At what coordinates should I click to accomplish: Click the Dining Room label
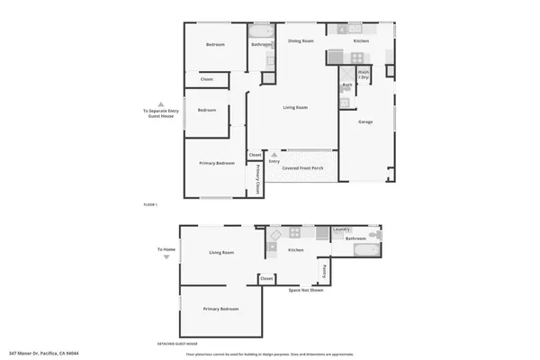coord(301,41)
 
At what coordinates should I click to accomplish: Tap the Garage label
coord(365,121)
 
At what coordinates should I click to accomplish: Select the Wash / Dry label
coord(364,74)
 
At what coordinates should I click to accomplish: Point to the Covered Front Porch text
coord(301,168)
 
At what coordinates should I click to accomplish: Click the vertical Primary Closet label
coord(257,180)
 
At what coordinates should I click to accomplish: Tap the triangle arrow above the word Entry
coord(274,155)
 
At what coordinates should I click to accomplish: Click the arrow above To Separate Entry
coord(161,103)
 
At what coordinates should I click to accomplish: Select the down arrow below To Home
coord(166,257)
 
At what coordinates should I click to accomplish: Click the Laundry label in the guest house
coord(341,229)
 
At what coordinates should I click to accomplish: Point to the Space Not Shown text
coord(306,290)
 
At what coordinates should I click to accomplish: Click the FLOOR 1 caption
coord(150,206)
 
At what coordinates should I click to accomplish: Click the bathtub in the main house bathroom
coord(262,31)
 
